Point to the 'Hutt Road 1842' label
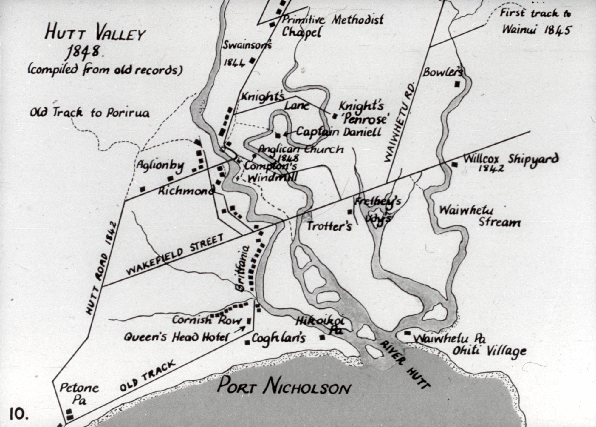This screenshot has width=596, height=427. [x=102, y=267]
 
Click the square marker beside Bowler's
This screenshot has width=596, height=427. [x=457, y=84]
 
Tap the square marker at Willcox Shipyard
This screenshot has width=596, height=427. [x=454, y=165]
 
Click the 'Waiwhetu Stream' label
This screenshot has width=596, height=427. [x=480, y=216]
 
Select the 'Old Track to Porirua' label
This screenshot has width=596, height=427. [x=89, y=113]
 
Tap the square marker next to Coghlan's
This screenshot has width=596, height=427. [x=247, y=342]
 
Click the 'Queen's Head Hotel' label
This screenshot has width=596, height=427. [x=176, y=337]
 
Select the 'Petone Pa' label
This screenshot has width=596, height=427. [x=79, y=393]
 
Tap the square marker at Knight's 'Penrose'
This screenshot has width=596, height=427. [x=335, y=116]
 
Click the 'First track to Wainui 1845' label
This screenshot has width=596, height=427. [x=535, y=21]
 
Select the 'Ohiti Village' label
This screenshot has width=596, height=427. [x=489, y=351]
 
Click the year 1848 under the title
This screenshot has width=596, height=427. [x=83, y=51]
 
